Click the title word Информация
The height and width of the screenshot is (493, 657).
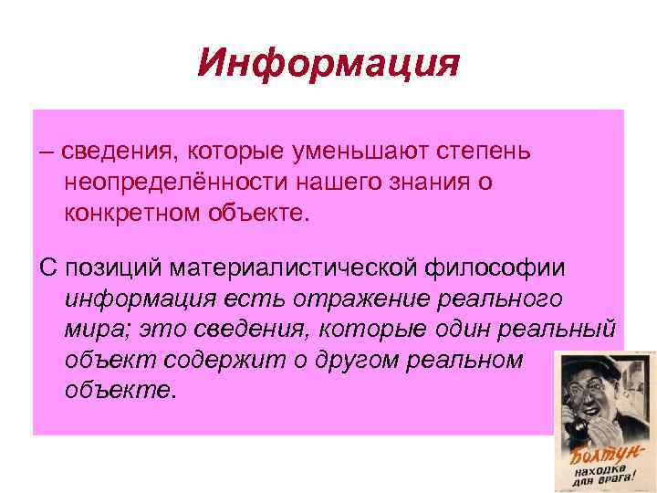[x=328, y=65]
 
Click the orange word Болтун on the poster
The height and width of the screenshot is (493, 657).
[x=598, y=452]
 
